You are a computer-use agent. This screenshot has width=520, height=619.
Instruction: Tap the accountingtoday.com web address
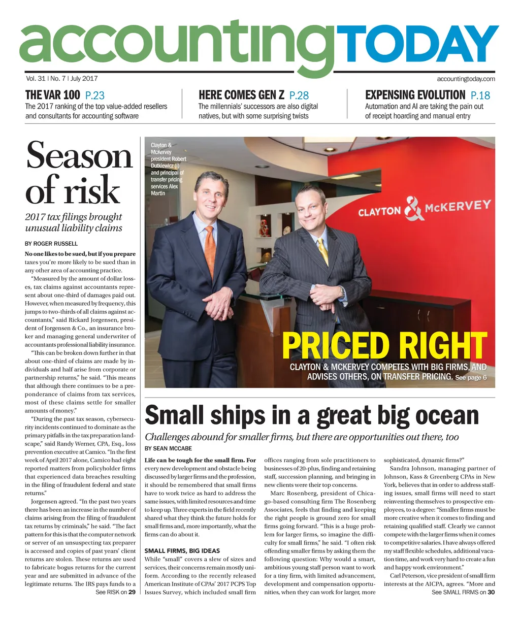point(466,79)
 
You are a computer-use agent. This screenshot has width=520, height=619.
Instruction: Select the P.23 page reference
point(95,95)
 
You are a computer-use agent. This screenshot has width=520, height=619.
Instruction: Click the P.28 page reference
point(299,95)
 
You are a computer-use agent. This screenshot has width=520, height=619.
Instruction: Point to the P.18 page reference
point(480,95)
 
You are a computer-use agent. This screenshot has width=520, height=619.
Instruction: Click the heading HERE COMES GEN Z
point(241,95)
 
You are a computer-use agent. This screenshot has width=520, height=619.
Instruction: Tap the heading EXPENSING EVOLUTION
point(415,95)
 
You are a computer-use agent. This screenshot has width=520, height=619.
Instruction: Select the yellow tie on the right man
point(322,251)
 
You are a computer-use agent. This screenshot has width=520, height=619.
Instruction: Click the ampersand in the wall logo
point(414,210)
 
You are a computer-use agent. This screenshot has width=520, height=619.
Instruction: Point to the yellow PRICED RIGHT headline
point(384,346)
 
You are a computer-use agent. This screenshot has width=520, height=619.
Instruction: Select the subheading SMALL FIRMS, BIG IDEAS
point(182,550)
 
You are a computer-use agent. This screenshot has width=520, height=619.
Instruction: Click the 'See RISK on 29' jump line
point(115,592)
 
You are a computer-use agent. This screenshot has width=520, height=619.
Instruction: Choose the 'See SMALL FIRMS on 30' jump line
point(463,592)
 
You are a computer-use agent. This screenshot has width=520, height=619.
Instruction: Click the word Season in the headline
point(79,155)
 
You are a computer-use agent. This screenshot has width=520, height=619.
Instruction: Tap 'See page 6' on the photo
point(471,378)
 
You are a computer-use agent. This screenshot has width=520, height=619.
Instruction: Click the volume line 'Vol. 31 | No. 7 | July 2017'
point(61,79)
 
